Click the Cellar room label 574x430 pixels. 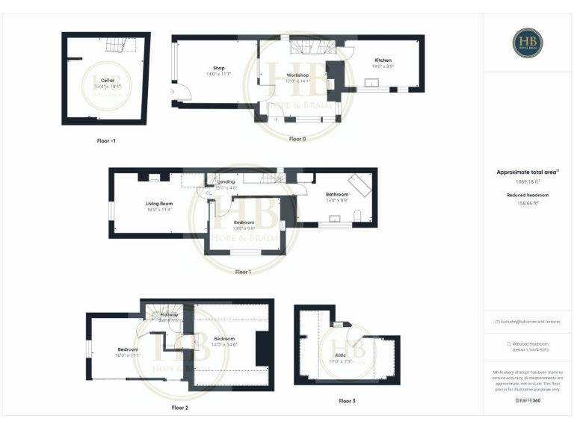click(x=107, y=78)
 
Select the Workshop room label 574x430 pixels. click(x=297, y=75)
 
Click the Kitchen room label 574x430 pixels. click(x=383, y=60)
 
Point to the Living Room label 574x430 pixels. click(x=159, y=204)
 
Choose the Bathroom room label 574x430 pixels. click(x=337, y=195)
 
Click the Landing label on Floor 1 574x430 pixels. click(x=226, y=181)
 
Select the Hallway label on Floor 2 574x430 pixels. click(x=170, y=315)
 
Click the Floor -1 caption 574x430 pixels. click(x=107, y=140)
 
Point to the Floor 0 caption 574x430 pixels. click(x=297, y=138)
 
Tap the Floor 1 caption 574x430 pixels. click(x=243, y=272)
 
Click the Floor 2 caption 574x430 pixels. click(x=180, y=408)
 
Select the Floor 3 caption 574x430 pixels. click(x=347, y=401)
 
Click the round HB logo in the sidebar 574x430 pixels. click(x=528, y=43)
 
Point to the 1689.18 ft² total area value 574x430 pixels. click(x=528, y=181)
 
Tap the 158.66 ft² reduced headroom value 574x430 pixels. click(x=528, y=203)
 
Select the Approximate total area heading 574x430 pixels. click(x=528, y=172)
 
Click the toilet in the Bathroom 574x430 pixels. click(x=359, y=216)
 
